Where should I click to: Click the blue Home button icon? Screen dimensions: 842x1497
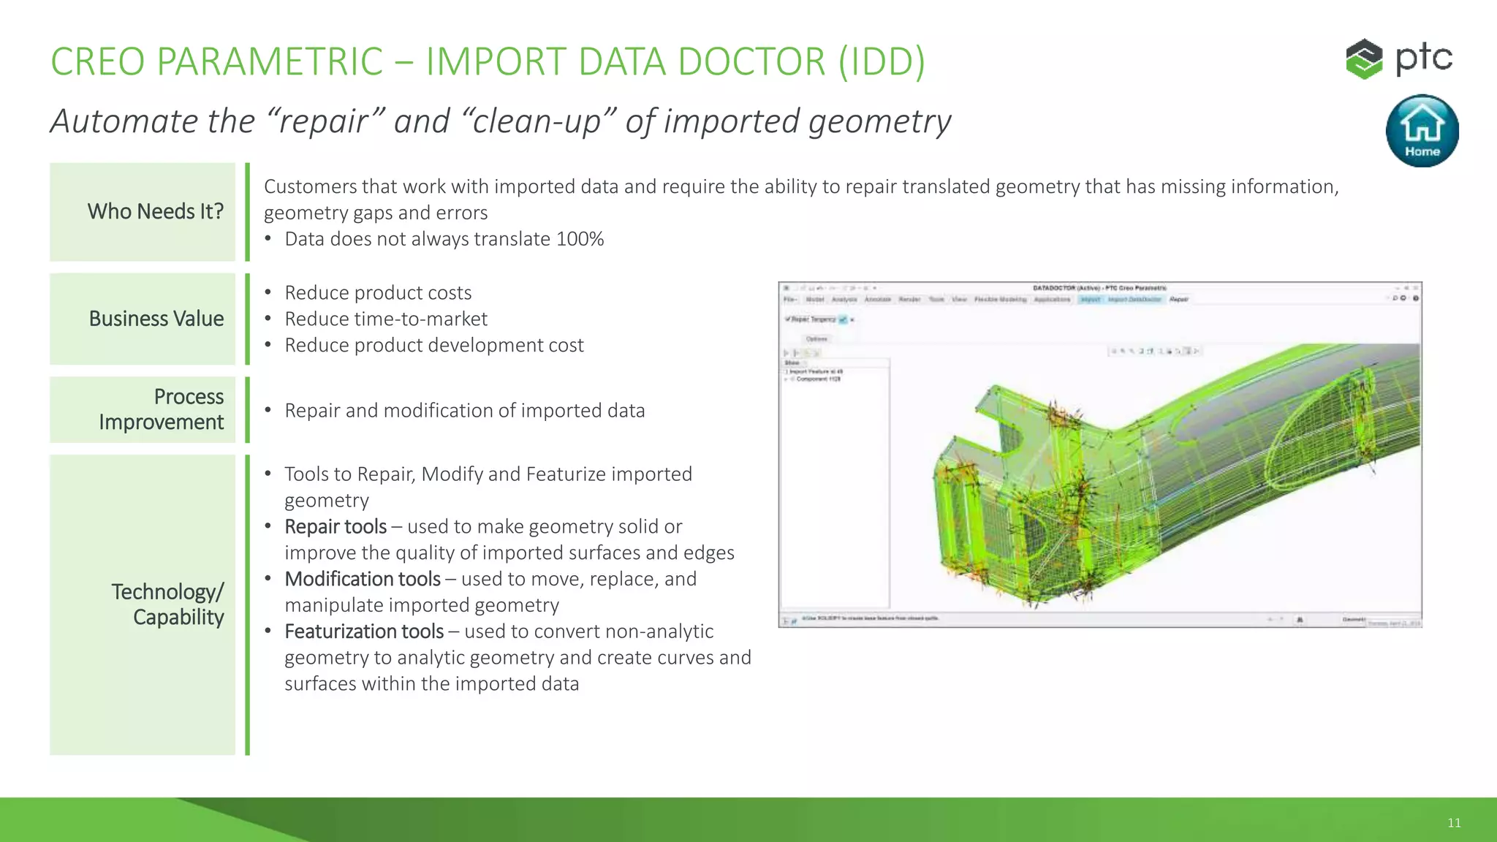(1422, 130)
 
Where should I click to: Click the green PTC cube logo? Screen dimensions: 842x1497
(1363, 58)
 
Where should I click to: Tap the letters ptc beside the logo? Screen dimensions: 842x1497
(1424, 58)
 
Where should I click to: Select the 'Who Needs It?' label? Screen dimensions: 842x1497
(155, 211)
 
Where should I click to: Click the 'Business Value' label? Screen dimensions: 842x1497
(156, 319)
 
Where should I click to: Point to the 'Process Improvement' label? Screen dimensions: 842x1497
(162, 409)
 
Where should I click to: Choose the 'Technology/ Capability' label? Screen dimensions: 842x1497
(167, 604)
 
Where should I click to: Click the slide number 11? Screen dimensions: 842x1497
(1454, 823)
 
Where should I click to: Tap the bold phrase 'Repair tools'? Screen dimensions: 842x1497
(336, 526)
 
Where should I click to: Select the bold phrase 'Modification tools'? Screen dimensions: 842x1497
(363, 579)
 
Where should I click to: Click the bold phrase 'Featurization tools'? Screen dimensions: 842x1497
(364, 631)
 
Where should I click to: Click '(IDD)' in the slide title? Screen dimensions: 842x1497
(882, 61)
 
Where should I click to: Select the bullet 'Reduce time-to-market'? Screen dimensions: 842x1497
(386, 319)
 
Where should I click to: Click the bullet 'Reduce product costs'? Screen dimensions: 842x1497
(378, 292)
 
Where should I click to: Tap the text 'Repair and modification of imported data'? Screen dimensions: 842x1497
(465, 411)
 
